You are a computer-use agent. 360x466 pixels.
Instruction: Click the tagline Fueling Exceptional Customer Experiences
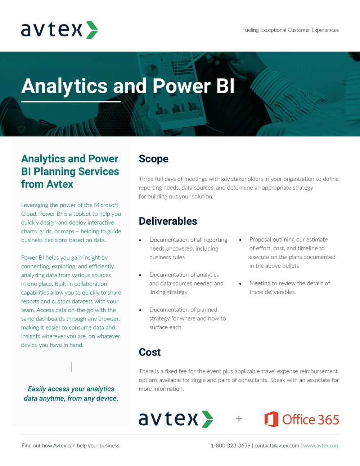pyautogui.click(x=291, y=30)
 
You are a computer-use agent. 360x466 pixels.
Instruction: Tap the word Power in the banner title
pyautogui.click(x=181, y=86)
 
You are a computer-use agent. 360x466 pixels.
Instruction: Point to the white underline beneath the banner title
pyautogui.click(x=71, y=102)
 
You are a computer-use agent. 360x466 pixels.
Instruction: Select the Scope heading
pyautogui.click(x=153, y=159)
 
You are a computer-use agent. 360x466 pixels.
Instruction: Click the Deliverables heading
pyautogui.click(x=168, y=221)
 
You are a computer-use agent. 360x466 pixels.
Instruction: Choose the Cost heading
pyautogui.click(x=150, y=352)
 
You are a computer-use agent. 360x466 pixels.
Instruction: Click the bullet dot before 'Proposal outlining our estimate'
pyautogui.click(x=240, y=240)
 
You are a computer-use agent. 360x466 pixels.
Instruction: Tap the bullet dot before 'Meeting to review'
pyautogui.click(x=240, y=284)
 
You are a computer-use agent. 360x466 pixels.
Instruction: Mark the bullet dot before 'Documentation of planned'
pyautogui.click(x=140, y=310)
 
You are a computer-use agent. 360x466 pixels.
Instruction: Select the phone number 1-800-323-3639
pyautogui.click(x=230, y=445)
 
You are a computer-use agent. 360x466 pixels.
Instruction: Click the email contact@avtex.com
pyautogui.click(x=277, y=445)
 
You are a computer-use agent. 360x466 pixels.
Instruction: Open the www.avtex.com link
pyautogui.click(x=321, y=445)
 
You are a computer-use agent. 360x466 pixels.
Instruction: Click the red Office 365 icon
pyautogui.click(x=271, y=419)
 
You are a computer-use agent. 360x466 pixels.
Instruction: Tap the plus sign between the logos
pyautogui.click(x=239, y=419)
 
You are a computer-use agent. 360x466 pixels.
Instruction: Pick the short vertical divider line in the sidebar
pyautogui.click(x=71, y=367)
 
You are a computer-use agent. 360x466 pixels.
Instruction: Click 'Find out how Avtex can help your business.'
pyautogui.click(x=71, y=445)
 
